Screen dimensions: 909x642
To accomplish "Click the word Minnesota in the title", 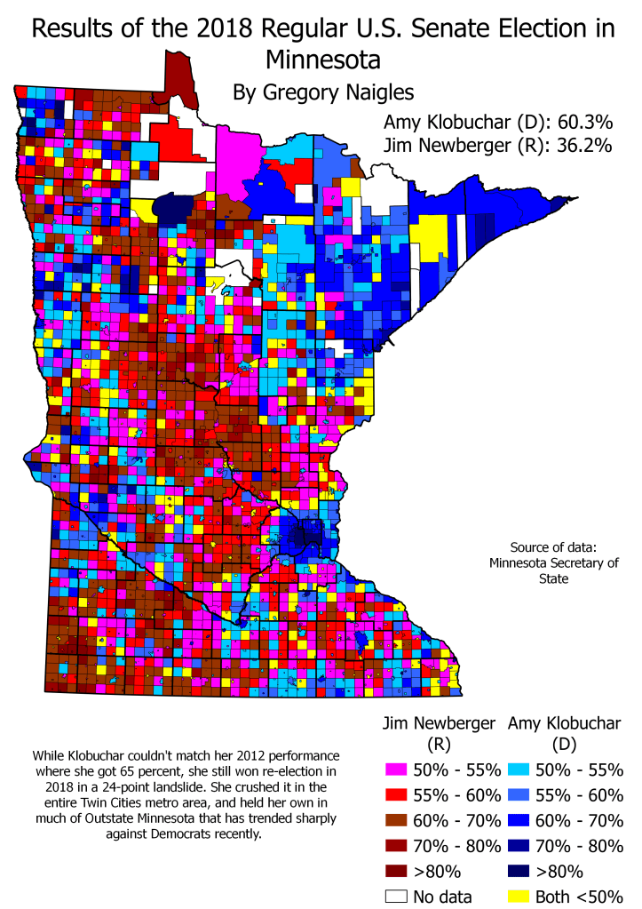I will click(x=322, y=60).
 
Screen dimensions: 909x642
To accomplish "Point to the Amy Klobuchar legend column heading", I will click(x=566, y=723).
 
